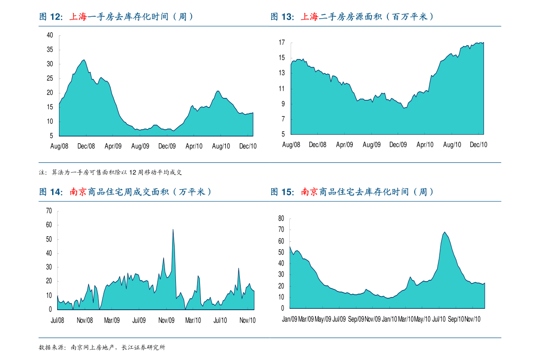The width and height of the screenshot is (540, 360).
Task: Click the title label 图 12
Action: pos(51,17)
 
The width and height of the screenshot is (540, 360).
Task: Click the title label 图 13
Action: pos(282,17)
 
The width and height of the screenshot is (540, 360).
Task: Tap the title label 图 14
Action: pos(51,192)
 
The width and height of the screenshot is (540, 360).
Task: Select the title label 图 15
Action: pos(282,192)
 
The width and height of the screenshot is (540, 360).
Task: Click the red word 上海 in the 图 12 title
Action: pos(78,17)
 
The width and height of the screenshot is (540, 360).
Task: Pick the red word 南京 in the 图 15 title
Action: pos(310,192)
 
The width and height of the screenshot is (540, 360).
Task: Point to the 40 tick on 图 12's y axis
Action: pos(50,35)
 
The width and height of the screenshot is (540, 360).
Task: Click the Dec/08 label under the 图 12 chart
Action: pos(86,146)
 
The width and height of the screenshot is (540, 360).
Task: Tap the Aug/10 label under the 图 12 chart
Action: pos(221,146)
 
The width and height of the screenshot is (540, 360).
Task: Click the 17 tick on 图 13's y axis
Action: pos(282,43)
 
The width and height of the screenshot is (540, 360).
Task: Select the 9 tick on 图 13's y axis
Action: pos(283,104)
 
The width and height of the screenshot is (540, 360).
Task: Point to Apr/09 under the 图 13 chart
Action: pos(345,145)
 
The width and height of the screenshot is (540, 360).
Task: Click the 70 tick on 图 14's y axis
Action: pos(49,211)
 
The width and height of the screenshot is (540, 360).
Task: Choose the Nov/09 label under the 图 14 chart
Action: pos(166,320)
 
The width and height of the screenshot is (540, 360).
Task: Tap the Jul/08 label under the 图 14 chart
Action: pos(58,320)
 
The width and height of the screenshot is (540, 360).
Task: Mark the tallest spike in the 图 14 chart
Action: pos(173,229)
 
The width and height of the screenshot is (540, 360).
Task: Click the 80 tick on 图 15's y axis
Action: pos(281,219)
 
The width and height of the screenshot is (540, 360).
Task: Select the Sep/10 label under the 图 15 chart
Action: pos(455,319)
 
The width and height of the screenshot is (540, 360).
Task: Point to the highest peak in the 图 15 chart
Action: pos(444,232)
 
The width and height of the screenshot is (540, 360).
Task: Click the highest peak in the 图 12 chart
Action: pos(83,60)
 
